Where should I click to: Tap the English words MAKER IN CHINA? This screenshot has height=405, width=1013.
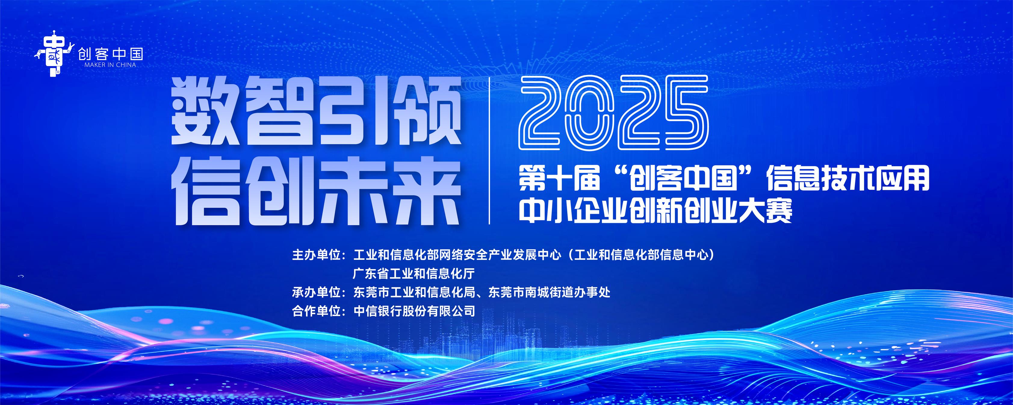pyautogui.click(x=110, y=64)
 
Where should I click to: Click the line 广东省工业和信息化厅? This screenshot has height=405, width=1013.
pyautogui.click(x=414, y=273)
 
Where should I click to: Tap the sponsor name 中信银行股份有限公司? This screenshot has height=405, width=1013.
pyautogui.click(x=414, y=311)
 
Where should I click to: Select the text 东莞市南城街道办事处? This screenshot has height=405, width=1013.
pyautogui.click(x=549, y=292)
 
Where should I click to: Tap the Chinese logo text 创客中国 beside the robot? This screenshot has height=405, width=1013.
pyautogui.click(x=110, y=53)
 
